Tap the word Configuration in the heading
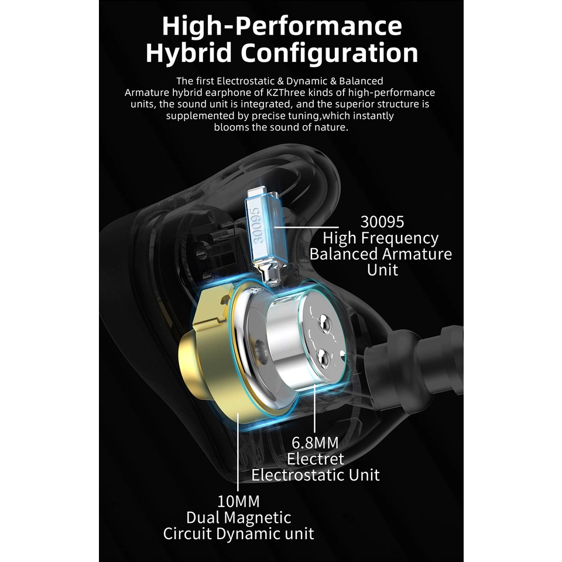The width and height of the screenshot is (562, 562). tap(329, 53)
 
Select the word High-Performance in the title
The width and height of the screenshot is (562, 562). tap(282, 26)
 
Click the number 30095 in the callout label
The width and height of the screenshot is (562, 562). tap(382, 221)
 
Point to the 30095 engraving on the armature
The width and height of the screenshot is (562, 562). tap(258, 226)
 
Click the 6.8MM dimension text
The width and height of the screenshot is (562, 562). tap(315, 443)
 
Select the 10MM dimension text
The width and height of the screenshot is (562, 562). tap(238, 501)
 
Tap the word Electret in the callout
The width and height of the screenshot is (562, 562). tap(316, 459)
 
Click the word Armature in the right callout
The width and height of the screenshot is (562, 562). tap(416, 253)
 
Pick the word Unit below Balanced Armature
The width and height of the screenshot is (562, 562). tap(382, 269)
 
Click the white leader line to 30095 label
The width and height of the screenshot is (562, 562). tap(306, 227)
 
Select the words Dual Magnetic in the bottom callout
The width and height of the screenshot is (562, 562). tap(238, 517)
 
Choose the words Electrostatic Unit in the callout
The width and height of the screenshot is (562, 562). tap(316, 475)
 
